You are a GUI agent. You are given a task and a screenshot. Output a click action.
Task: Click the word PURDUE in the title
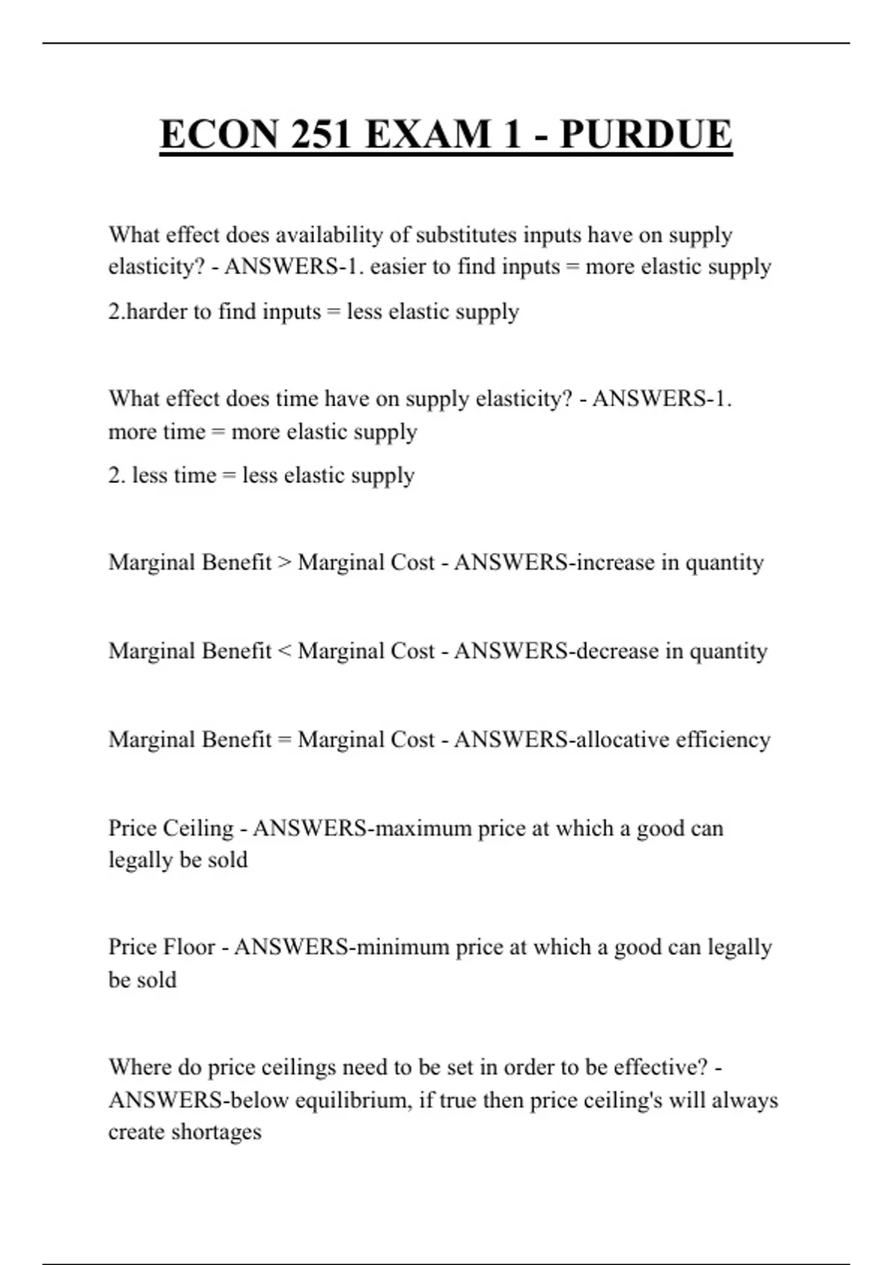[645, 135]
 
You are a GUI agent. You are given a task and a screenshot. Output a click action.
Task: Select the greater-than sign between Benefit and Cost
[284, 563]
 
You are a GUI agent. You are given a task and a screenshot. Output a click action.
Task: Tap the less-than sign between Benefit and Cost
[284, 651]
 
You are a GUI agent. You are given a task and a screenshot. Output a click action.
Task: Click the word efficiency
[723, 740]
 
